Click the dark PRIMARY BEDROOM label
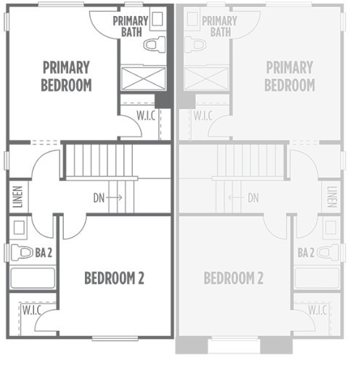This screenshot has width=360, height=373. [x=65, y=76]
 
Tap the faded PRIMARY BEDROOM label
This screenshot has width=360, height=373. [x=289, y=76]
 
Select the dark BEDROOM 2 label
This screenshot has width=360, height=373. [x=113, y=278]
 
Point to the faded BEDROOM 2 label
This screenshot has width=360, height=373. [x=233, y=278]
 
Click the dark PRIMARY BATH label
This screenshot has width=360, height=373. [x=130, y=26]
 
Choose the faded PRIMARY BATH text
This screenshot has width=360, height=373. [x=218, y=26]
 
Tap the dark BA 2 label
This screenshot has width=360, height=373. [x=43, y=253]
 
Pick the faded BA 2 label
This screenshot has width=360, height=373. [x=306, y=253]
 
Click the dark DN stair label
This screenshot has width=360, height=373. [x=99, y=197]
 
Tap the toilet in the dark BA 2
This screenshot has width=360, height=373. [x=23, y=253]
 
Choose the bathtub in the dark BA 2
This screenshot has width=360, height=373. [x=32, y=279]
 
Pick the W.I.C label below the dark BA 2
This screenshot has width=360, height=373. [x=31, y=310]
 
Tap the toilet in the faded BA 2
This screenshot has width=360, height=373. [x=327, y=253]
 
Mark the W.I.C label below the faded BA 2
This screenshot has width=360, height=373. [x=317, y=310]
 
